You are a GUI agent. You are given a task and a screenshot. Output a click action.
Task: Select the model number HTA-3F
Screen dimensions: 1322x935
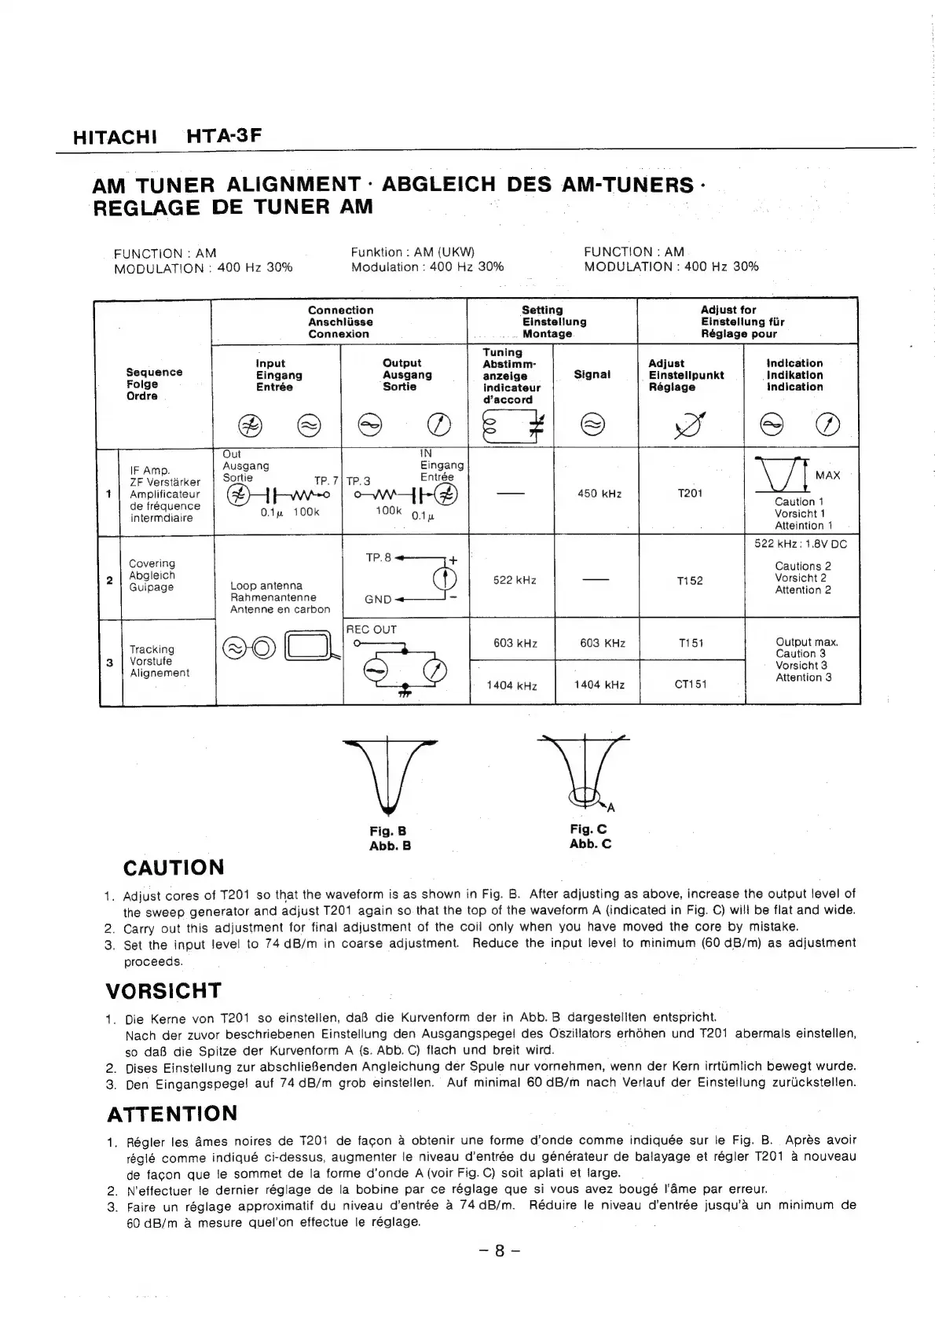[x=223, y=136]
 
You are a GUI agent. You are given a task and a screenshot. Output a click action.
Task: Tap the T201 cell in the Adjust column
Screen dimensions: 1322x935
[x=689, y=494]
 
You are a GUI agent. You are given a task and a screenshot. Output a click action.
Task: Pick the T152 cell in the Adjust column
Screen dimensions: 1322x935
[x=689, y=581]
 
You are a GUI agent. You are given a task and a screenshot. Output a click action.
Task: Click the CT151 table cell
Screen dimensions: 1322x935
[x=691, y=684]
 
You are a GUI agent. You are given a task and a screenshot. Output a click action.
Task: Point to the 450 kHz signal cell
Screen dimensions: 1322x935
[x=599, y=494]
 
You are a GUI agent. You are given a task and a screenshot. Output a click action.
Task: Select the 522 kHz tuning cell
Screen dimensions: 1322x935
[x=515, y=580]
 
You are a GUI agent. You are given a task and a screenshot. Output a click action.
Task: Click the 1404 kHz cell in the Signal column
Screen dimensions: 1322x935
[x=599, y=685]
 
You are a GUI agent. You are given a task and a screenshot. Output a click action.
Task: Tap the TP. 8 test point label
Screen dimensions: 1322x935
[x=379, y=557]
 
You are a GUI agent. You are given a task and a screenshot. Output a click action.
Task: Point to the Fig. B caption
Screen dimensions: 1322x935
[x=388, y=831]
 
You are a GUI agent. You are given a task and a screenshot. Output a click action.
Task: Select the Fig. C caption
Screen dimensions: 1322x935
[x=588, y=829]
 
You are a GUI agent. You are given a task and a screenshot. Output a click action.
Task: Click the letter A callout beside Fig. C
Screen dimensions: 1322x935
[x=610, y=808]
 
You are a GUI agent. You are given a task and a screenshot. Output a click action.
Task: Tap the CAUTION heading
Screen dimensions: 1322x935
[x=174, y=868]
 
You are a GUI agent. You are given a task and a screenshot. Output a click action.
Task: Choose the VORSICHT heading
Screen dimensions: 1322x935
[x=164, y=990]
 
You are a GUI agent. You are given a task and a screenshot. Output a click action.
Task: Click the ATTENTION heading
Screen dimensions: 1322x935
[x=171, y=1114]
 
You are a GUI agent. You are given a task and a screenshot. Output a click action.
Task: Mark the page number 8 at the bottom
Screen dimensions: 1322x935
[x=499, y=1251]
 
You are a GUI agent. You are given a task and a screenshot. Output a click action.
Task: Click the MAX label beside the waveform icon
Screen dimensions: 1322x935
[x=827, y=476]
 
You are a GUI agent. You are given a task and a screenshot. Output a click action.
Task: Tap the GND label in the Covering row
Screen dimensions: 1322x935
[x=378, y=599]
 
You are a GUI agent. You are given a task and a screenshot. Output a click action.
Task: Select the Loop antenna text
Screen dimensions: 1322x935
[x=266, y=586]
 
